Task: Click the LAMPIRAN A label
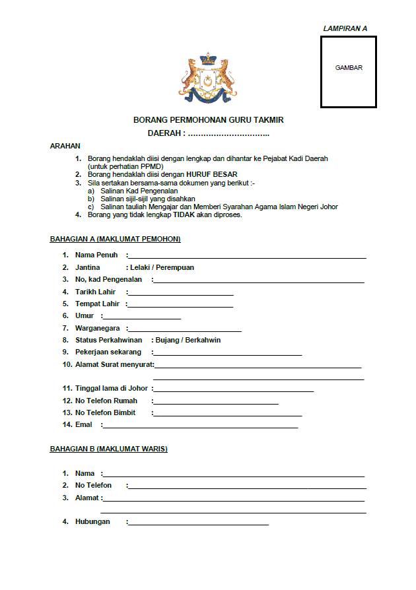345,28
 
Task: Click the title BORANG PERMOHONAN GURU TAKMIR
208,121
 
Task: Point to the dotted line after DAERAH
228,134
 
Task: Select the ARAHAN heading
65,146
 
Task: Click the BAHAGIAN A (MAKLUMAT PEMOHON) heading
116,239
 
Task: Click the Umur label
85,316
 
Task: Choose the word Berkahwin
203,341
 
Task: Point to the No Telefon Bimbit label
105,412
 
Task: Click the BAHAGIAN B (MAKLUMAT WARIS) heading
109,449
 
